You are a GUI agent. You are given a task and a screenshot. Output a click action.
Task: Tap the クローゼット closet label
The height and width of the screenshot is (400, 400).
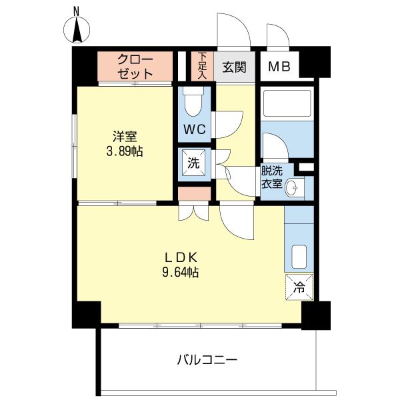tap(135, 65)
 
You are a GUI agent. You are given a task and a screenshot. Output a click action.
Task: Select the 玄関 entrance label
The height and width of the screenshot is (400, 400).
tap(235, 67)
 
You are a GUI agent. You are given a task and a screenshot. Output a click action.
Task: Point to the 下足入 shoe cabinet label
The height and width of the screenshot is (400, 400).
tap(201, 66)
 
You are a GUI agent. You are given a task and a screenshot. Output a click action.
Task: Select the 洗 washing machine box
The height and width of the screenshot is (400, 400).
tap(193, 162)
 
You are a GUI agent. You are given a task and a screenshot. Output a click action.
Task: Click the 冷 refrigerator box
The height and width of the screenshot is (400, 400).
tap(299, 287)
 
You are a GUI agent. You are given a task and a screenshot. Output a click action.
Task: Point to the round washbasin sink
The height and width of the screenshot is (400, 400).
tap(293, 189)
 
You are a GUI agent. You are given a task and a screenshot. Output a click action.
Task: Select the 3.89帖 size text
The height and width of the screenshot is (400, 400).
tap(125, 151)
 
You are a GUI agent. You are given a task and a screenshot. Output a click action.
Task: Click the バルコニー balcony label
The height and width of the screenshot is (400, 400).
tap(207, 361)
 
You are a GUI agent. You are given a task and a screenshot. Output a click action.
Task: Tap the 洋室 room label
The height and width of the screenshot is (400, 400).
tap(125, 136)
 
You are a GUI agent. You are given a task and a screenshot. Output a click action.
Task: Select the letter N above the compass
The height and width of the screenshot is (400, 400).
tap(77, 11)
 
